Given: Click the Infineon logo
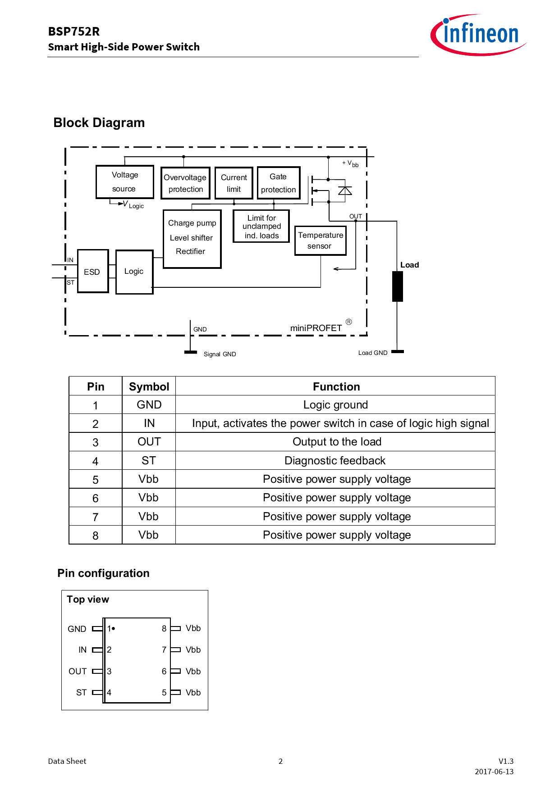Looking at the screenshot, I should point(479,35).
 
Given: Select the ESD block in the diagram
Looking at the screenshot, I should point(93,271).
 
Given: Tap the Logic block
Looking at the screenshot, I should point(134,272).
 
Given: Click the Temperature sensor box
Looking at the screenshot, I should point(320,241).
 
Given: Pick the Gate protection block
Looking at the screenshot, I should point(278,182).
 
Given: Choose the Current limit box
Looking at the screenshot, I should point(234,183).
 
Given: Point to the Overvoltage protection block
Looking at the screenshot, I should point(185,183).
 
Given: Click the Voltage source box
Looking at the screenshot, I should point(124,182).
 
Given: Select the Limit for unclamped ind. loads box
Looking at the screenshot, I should point(261,226).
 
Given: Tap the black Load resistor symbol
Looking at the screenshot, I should point(397,286).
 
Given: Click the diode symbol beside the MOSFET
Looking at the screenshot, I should point(345,191).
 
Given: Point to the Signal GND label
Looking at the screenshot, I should point(220,354).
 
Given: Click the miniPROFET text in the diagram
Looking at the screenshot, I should point(316,328).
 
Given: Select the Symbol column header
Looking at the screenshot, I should point(149,386).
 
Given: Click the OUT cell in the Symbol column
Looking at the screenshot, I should point(149,442).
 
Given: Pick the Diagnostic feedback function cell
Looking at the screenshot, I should point(335,460).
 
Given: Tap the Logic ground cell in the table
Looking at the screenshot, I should point(335,404).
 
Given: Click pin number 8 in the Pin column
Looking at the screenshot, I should point(95,536).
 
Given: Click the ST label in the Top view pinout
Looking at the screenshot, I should point(81,692).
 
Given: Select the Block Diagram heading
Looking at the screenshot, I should point(99,123).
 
